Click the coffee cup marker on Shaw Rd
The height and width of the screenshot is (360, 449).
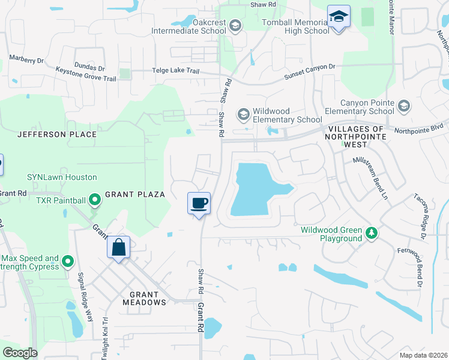(x=199, y=203)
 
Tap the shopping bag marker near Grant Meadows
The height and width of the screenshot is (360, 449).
(x=119, y=247)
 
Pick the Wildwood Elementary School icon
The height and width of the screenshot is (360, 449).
(x=243, y=113)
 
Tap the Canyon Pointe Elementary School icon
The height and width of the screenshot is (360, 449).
(x=404, y=107)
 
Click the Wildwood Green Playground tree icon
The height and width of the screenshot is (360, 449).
(x=372, y=233)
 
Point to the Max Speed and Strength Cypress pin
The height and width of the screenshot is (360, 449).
(x=67, y=261)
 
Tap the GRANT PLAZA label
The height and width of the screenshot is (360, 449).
(x=135, y=194)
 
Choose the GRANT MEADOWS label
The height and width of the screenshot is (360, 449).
(x=143, y=298)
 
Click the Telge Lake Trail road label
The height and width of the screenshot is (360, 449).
(x=174, y=71)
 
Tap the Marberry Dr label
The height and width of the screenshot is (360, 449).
(x=26, y=59)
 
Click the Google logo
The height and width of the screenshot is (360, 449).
(x=20, y=352)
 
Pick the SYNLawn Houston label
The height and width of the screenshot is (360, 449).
(x=61, y=177)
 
